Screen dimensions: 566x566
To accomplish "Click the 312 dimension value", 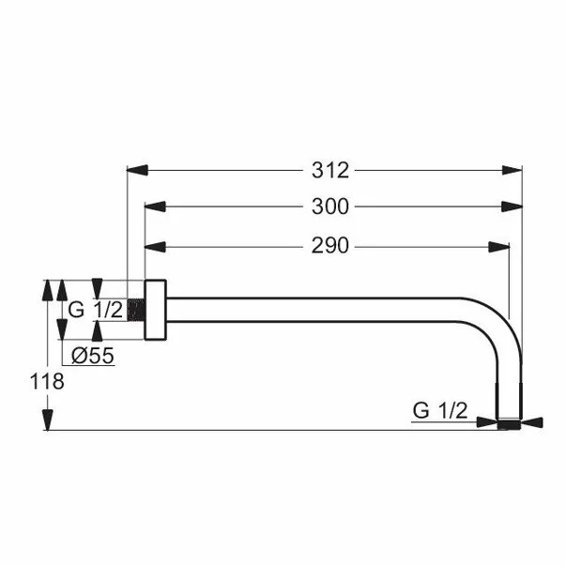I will (331, 170).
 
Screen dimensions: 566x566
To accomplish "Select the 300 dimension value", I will (331, 207).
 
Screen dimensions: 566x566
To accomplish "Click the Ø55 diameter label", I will (92, 355).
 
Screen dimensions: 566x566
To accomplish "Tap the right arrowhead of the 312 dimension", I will (512, 170).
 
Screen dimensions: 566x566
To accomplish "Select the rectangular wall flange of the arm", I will (155, 310).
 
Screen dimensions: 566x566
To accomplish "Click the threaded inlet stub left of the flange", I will (139, 310).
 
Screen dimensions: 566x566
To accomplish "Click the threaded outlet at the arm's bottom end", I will (509, 423).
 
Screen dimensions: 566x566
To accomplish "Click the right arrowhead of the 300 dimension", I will (512, 207).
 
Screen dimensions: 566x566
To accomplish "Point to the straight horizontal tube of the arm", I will (319, 310).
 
